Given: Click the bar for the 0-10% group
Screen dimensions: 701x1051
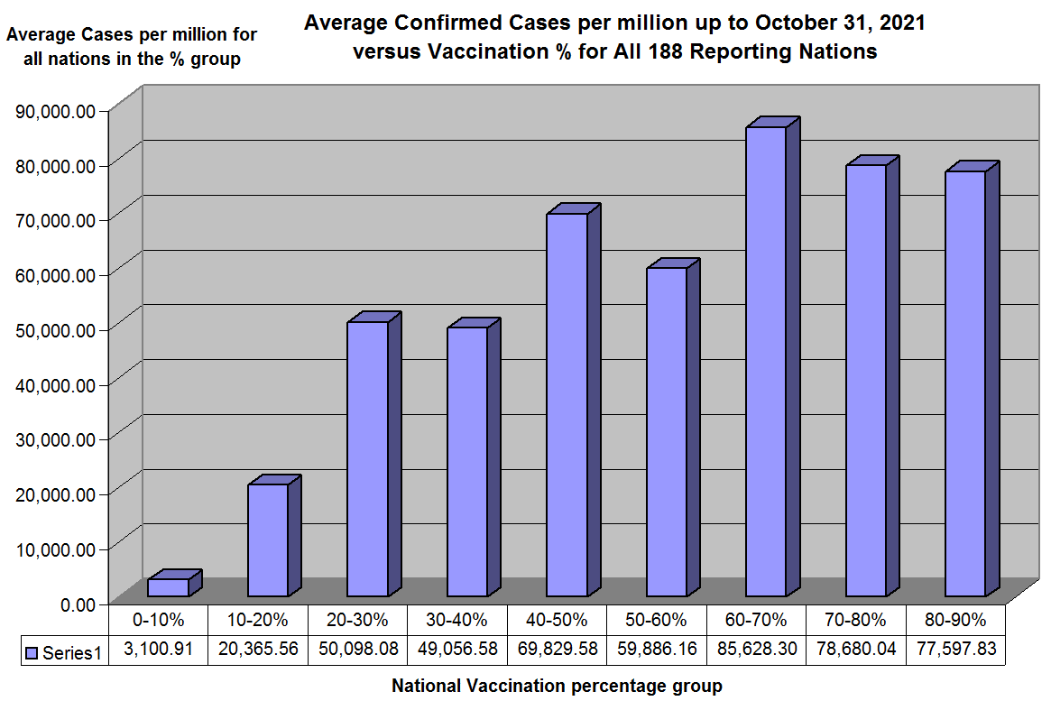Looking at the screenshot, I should pos(169,586).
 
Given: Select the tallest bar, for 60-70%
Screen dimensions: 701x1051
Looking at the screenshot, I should pos(766,361).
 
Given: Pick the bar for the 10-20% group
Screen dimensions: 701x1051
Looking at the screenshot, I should pos(268,540).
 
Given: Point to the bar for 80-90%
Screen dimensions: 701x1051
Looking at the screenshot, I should pos(965,383).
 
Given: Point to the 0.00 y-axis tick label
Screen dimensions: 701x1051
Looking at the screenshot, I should pos(77,604).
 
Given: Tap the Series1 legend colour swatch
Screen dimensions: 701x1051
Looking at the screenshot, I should pos(33,651).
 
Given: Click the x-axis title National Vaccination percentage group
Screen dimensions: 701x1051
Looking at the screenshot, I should pos(557,686).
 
